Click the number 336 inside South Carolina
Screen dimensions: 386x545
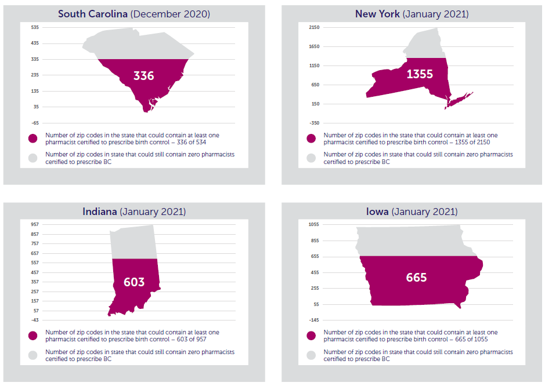coord(143,76)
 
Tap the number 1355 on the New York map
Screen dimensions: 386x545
coord(420,74)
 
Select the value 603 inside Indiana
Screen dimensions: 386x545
coord(133,282)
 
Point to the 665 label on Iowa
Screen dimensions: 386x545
coord(416,278)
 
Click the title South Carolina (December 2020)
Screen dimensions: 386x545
coord(133,14)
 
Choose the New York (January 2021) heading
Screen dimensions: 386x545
coord(412,14)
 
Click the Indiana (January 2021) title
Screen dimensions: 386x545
coord(133,212)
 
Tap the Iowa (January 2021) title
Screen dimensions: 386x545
coord(412,212)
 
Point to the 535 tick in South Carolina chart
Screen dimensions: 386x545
coord(35,27)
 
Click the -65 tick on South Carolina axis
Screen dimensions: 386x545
coord(35,123)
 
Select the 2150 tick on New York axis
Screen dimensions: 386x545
coord(314,27)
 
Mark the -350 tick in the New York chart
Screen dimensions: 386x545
coord(314,123)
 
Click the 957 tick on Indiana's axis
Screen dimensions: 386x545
coord(35,224)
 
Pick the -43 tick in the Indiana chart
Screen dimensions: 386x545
coord(35,320)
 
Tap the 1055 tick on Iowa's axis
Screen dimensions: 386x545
coord(314,224)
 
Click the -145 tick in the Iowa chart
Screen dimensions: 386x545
coord(314,320)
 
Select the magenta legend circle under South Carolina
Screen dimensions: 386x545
coord(34,139)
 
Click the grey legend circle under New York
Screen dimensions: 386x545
coord(312,158)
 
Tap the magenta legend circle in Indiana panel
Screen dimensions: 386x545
coord(34,336)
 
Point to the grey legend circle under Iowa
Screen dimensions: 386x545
coord(312,355)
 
